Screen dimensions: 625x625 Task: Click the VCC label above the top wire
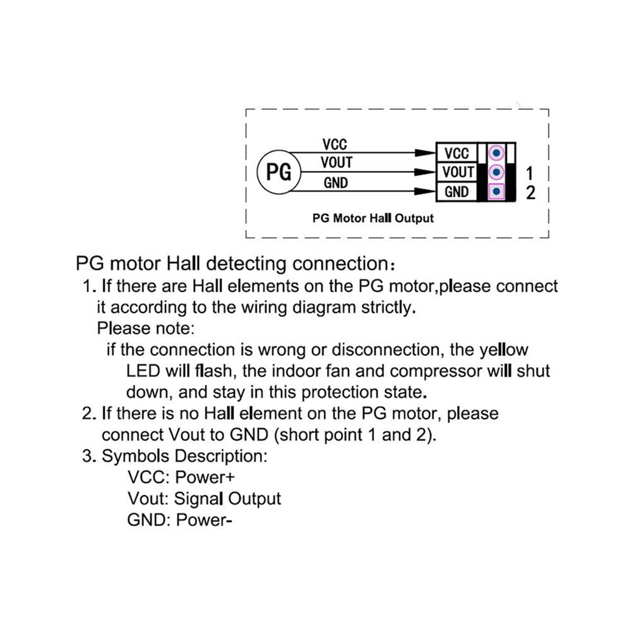pyautogui.click(x=335, y=145)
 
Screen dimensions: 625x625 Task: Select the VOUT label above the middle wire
pyautogui.click(x=337, y=163)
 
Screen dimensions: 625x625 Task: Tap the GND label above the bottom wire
pyautogui.click(x=336, y=183)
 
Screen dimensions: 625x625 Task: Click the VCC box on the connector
pyautogui.click(x=457, y=153)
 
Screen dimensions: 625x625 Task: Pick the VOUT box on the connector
pyautogui.click(x=457, y=172)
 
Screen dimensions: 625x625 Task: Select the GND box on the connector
pyautogui.click(x=457, y=192)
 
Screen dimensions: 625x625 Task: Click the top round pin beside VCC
pyautogui.click(x=496, y=153)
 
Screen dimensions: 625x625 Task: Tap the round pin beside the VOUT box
pyautogui.click(x=496, y=172)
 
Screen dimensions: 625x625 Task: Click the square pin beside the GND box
pyautogui.click(x=496, y=192)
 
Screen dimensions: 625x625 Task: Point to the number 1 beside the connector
pyautogui.click(x=529, y=174)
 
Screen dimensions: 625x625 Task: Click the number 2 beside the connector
pyautogui.click(x=530, y=193)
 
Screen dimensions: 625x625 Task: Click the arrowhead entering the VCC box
pyautogui.click(x=425, y=153)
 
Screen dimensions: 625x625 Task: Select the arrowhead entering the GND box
pyautogui.click(x=425, y=192)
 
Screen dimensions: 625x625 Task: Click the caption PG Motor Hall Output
pyautogui.click(x=372, y=218)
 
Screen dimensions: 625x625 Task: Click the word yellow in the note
pyautogui.click(x=504, y=350)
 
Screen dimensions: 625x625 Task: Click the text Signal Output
pyautogui.click(x=228, y=499)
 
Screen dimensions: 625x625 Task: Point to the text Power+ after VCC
pyautogui.click(x=205, y=477)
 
